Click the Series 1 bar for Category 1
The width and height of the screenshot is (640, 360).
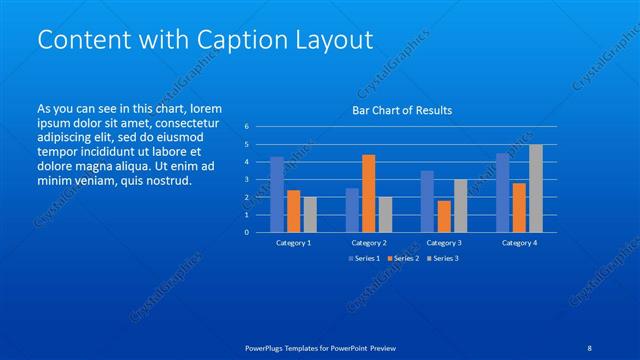tap(277, 194)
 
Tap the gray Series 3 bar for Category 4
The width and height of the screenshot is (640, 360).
tap(535, 188)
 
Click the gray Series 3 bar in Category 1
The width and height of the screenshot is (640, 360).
tap(310, 214)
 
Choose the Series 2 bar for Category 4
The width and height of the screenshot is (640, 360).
tap(519, 207)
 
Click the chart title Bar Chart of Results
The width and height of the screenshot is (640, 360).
tap(402, 110)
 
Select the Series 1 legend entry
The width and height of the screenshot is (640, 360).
tap(364, 259)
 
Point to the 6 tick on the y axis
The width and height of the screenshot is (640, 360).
tap(246, 127)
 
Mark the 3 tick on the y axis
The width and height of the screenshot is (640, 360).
tap(246, 179)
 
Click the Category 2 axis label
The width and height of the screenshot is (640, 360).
tap(368, 243)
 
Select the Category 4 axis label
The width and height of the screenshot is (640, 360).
tap(519, 243)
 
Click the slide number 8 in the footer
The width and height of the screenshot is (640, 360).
tap(590, 348)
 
